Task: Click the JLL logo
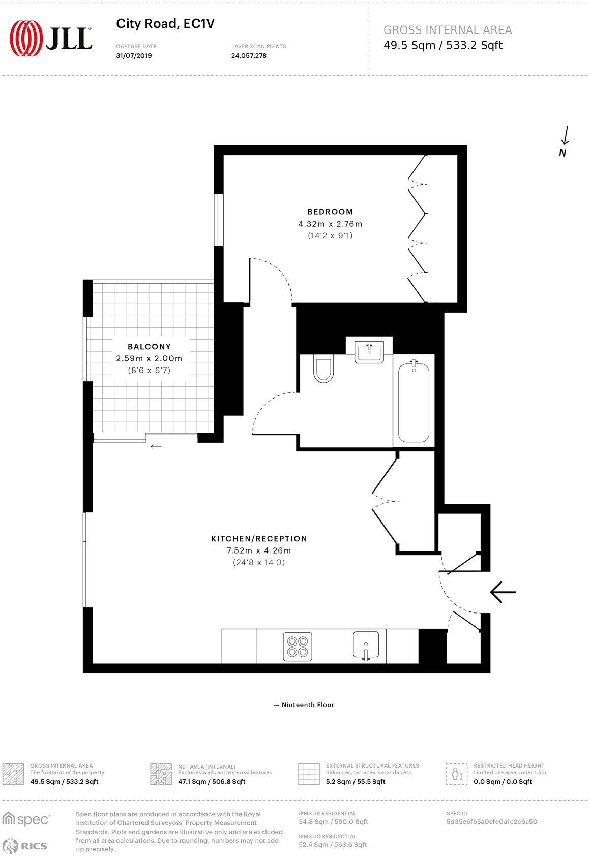click(x=51, y=38)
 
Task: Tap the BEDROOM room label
click(x=330, y=212)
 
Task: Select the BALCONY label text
click(x=149, y=347)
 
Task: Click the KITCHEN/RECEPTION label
click(x=259, y=539)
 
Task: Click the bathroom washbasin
click(x=369, y=351)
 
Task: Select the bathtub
click(x=414, y=402)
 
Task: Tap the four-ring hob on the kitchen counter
click(x=298, y=647)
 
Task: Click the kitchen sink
click(x=366, y=646)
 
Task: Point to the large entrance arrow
click(x=503, y=592)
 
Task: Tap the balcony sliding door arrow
click(x=156, y=447)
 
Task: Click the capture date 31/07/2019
click(x=134, y=56)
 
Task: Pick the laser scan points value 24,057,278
click(x=249, y=56)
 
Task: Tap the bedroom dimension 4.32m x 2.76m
click(x=330, y=224)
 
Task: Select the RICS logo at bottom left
click(x=26, y=846)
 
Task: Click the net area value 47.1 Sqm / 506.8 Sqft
click(x=212, y=782)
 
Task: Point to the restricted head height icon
click(x=457, y=774)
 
